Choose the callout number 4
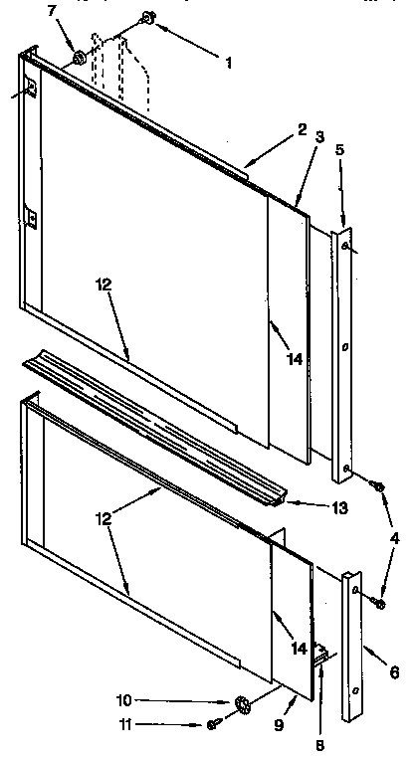396,538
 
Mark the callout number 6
394,673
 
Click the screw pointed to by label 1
148,17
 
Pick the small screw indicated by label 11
214,724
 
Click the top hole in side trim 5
344,245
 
